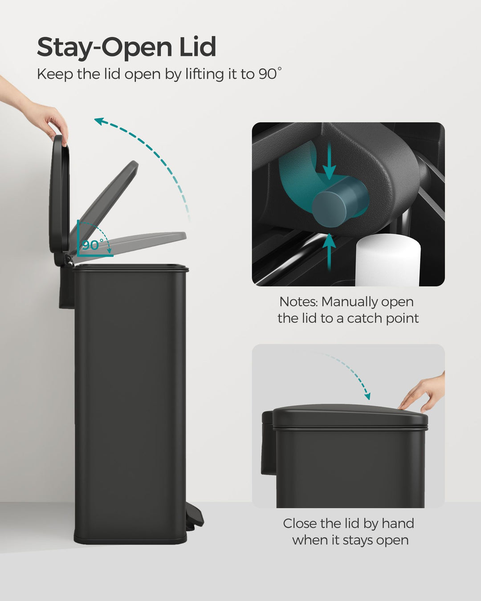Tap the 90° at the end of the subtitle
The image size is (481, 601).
pos(270,74)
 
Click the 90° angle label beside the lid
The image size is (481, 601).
pos(92,245)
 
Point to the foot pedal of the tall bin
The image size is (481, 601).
pos(195,516)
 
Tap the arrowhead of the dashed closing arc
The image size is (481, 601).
pos(367,396)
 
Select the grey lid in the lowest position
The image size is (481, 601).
pos(143,243)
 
